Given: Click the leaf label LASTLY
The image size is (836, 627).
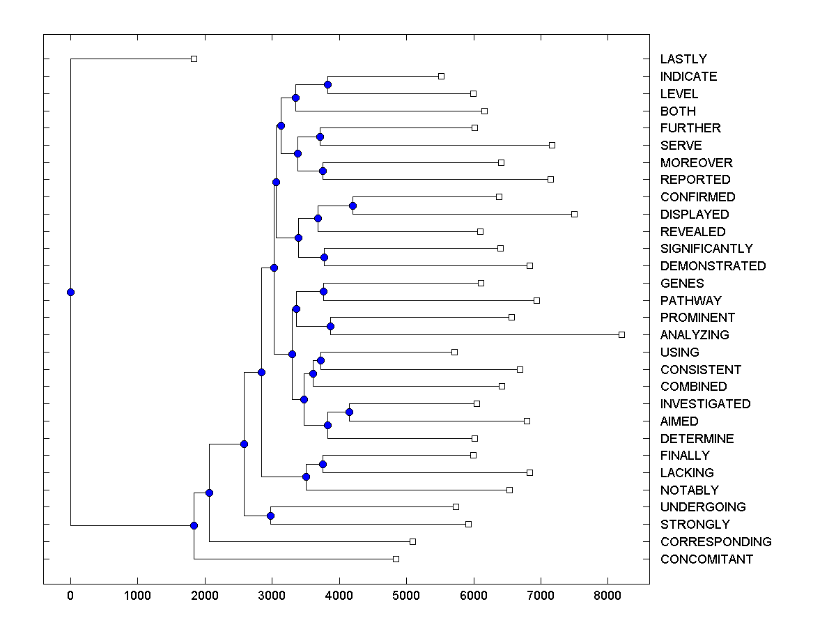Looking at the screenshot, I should pyautogui.click(x=683, y=59).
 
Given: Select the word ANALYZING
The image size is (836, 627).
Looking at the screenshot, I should pyautogui.click(x=695, y=334).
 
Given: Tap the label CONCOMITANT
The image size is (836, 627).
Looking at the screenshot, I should pyautogui.click(x=706, y=559).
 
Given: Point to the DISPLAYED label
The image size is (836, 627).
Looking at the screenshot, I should pyautogui.click(x=695, y=215).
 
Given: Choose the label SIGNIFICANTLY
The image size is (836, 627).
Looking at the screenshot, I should pyautogui.click(x=706, y=249).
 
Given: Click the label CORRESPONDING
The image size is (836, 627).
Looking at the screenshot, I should pyautogui.click(x=715, y=541).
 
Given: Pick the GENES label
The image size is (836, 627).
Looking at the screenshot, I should pyautogui.click(x=682, y=283).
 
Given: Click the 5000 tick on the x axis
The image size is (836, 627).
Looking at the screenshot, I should pyautogui.click(x=406, y=596).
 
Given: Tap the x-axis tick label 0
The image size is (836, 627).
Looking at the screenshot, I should pyautogui.click(x=70, y=596).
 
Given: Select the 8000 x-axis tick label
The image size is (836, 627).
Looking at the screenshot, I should pyautogui.click(x=608, y=596).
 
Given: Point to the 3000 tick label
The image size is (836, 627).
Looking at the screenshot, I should pyautogui.click(x=272, y=596).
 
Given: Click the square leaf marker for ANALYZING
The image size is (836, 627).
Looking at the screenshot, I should pyautogui.click(x=621, y=334).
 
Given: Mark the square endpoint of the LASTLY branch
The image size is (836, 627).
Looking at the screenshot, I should pyautogui.click(x=194, y=59).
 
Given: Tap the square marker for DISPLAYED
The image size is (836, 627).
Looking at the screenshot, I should pyautogui.click(x=574, y=214).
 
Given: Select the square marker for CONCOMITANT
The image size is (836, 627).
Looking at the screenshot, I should pyautogui.click(x=396, y=559).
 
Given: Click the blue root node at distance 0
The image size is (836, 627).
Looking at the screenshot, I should pyautogui.click(x=70, y=292).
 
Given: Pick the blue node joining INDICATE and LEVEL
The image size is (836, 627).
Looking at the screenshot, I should pyautogui.click(x=328, y=85).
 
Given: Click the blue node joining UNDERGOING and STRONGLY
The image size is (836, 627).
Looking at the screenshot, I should pyautogui.click(x=270, y=516).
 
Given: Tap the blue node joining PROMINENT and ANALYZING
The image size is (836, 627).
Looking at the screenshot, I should pyautogui.click(x=331, y=326).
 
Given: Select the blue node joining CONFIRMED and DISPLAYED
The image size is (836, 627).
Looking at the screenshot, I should pyautogui.click(x=353, y=206).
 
